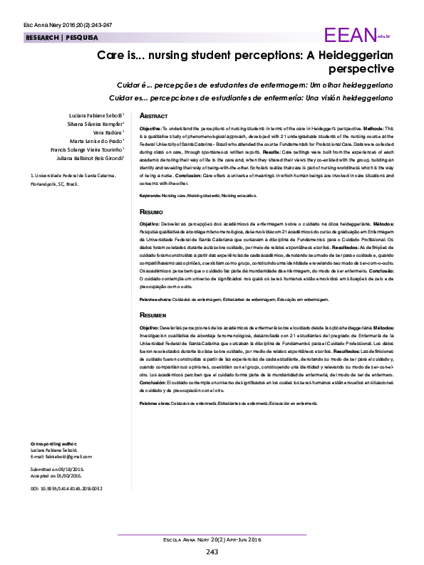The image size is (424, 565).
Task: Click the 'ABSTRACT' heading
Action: point(153,115)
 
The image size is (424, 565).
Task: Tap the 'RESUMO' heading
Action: point(151,212)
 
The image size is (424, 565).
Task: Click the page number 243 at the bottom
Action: point(212,551)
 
